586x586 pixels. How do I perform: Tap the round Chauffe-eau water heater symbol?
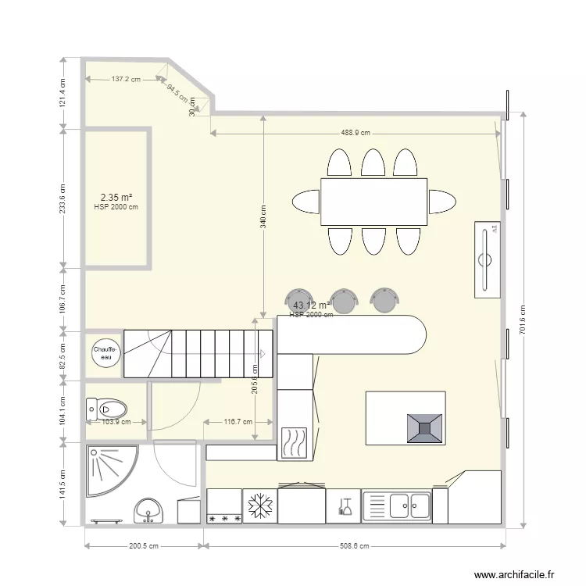click(105, 352)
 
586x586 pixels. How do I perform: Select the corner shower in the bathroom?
click(109, 470)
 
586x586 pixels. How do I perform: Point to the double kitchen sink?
click(396, 506)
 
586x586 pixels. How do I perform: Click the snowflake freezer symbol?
click(259, 506)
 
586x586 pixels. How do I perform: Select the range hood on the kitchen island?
click(425, 427)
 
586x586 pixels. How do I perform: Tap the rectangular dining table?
click(374, 202)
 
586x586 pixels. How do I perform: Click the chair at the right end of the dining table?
click(443, 201)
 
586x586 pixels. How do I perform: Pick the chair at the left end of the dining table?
click(306, 202)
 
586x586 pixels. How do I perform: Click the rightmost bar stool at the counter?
click(384, 298)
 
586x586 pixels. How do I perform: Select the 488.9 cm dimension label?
click(355, 133)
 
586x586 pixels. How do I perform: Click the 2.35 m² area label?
click(116, 198)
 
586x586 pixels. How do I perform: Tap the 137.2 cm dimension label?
click(125, 79)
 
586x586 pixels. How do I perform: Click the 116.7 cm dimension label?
click(238, 422)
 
